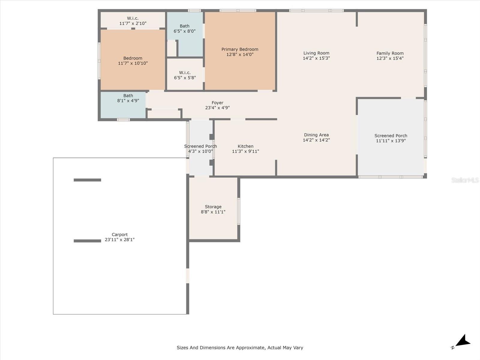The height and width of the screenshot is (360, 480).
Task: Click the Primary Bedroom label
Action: pos(240,49)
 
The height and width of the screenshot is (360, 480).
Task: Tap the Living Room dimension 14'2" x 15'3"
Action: pos(316,58)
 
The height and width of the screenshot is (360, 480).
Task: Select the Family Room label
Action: pos(390,53)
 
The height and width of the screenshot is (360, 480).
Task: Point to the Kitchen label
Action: pos(245,146)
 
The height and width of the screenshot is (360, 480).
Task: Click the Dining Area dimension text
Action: pos(316,140)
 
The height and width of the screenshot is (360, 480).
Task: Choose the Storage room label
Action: pos(213,207)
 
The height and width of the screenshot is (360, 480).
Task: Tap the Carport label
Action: pos(120,235)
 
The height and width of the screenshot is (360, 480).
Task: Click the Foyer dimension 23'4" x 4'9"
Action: pos(217,108)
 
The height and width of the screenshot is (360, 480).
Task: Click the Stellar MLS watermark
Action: pos(465,180)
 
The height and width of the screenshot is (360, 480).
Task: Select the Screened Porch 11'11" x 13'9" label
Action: pos(391,136)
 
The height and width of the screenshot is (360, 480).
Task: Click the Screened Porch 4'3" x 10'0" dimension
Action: pos(200,151)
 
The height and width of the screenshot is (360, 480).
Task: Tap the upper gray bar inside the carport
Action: pos(87,180)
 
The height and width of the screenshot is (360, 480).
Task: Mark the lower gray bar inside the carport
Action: pos(87,241)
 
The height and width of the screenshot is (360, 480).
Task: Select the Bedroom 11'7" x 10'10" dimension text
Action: pos(133,63)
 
